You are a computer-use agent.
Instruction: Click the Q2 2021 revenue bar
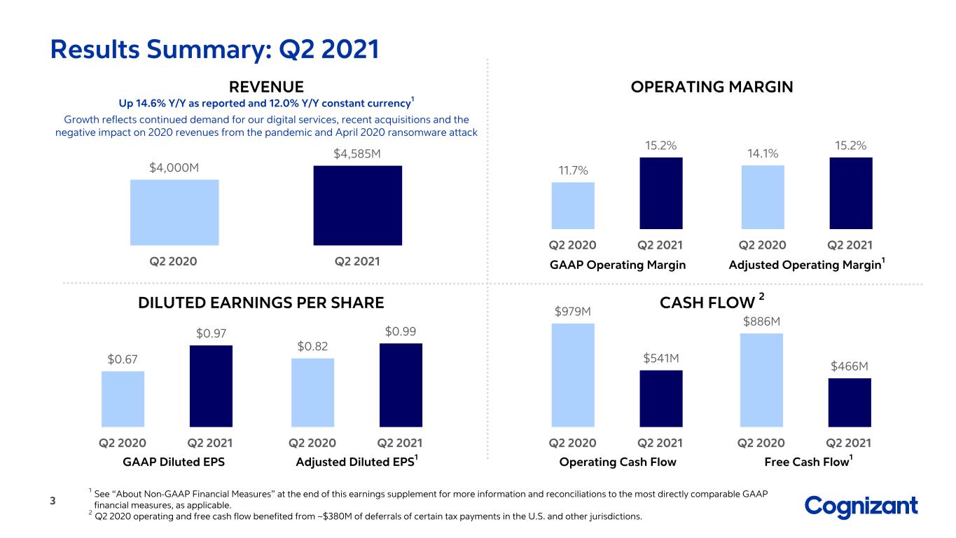(358, 205)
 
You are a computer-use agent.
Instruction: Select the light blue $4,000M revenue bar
(174, 212)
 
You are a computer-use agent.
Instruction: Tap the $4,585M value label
(357, 153)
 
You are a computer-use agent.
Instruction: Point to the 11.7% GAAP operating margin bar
(573, 205)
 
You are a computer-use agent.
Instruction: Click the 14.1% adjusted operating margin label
(763, 153)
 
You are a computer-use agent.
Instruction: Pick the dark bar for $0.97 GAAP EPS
(211, 386)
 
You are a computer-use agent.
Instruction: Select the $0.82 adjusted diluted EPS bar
(312, 392)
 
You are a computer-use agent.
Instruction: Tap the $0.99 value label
(401, 331)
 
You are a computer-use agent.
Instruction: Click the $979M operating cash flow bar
(573, 375)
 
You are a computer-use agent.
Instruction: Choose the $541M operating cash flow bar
(661, 399)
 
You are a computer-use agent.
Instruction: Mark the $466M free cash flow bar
(850, 402)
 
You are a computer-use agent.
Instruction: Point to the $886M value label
(761, 322)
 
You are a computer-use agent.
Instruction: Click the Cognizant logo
(861, 507)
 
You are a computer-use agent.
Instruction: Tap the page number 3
(53, 501)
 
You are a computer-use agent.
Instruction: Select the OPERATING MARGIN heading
(712, 87)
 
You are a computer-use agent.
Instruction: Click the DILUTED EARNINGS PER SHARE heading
(261, 303)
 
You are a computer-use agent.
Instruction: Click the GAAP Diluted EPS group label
(174, 462)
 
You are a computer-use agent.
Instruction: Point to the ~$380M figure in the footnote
(334, 516)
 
